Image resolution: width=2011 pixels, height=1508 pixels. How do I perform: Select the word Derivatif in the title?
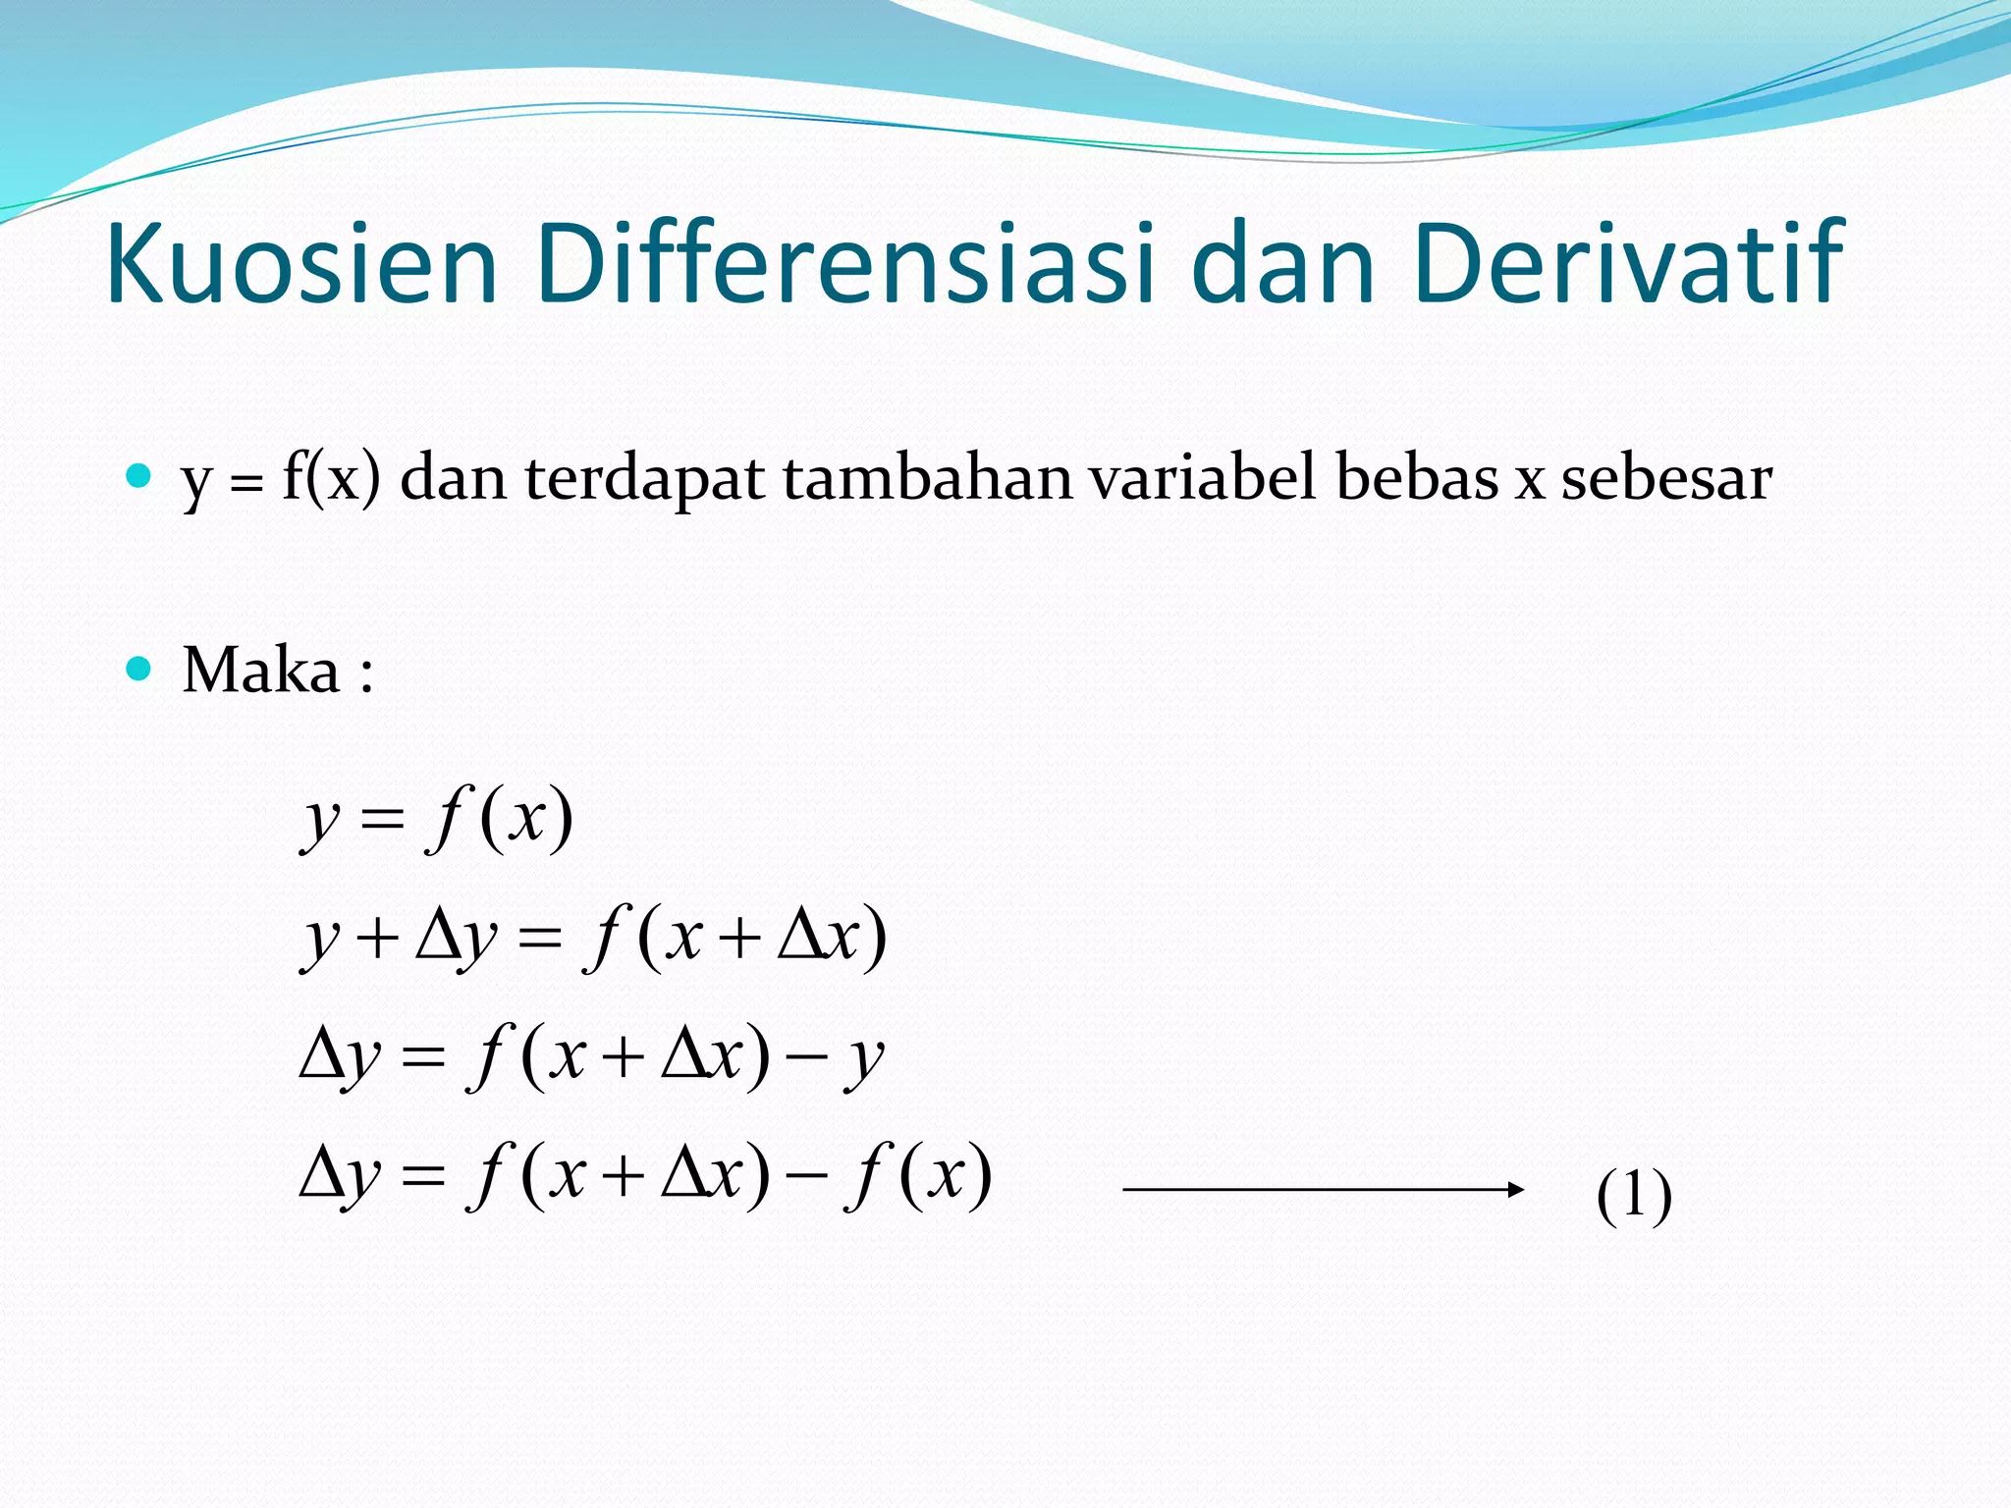click(1629, 263)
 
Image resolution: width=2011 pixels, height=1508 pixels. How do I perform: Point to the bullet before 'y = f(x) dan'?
click(139, 478)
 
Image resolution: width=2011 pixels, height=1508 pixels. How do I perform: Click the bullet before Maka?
click(139, 670)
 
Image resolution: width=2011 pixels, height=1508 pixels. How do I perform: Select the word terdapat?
click(644, 479)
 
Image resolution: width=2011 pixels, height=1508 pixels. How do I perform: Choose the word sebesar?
click(1666, 479)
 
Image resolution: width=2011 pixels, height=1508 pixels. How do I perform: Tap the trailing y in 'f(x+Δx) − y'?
click(865, 1060)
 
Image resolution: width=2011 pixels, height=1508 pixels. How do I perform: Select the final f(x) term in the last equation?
click(919, 1175)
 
